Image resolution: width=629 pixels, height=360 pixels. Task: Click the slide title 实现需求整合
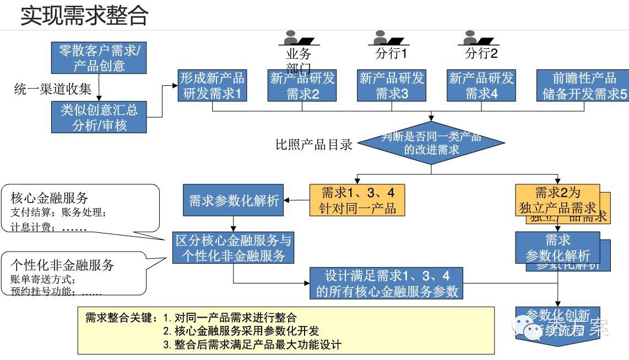pyautogui.click(x=84, y=15)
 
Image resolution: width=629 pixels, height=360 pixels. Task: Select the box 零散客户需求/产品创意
pyautogui.click(x=99, y=58)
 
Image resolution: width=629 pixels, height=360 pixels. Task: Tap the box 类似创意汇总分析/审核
pyautogui.click(x=99, y=117)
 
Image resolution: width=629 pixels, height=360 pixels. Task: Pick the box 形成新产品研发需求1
pyautogui.click(x=213, y=86)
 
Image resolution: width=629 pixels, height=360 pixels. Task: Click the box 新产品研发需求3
pyautogui.click(x=392, y=86)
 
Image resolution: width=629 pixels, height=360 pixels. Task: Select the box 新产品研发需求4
pyautogui.click(x=481, y=86)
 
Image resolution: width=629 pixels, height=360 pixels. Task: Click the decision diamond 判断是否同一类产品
pyautogui.click(x=431, y=143)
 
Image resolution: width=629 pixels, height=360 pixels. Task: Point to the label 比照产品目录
pyautogui.click(x=314, y=145)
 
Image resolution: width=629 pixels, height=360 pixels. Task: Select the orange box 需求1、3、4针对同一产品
pyautogui.click(x=357, y=200)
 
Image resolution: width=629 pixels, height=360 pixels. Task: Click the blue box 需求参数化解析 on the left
pyautogui.click(x=234, y=201)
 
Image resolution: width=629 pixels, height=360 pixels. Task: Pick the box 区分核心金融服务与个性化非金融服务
pyautogui.click(x=234, y=248)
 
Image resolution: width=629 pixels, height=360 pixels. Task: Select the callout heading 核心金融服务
pyautogui.click(x=49, y=198)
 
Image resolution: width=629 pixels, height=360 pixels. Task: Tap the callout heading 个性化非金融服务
pyautogui.click(x=62, y=265)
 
